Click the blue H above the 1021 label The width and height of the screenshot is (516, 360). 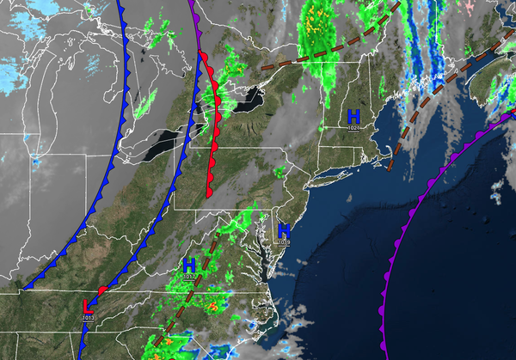(353, 116)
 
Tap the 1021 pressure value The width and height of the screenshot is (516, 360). (353, 128)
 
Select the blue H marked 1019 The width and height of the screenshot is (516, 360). (284, 231)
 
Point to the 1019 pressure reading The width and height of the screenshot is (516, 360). (284, 243)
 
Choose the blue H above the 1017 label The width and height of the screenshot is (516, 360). (189, 265)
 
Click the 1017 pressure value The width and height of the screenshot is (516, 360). (189, 277)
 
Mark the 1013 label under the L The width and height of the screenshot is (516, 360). (88, 318)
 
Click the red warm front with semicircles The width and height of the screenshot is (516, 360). (212, 129)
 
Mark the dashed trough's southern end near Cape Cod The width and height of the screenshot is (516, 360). (390, 167)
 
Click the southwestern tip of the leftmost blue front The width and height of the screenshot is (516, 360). (26, 286)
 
